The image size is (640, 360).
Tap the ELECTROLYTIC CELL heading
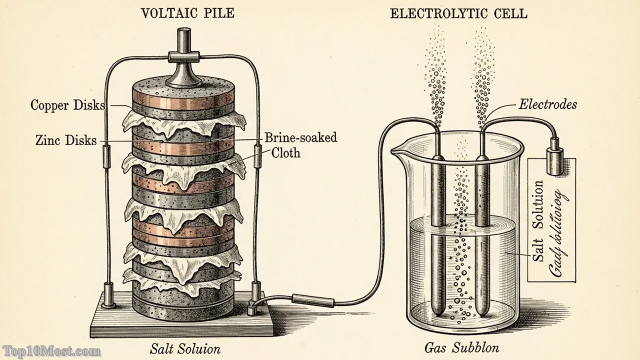458,13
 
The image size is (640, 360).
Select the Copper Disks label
67,105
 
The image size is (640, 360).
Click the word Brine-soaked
300,137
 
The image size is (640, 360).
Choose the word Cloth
285,153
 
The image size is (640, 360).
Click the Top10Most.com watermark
51,351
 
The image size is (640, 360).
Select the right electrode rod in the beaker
482,235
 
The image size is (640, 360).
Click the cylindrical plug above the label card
554,159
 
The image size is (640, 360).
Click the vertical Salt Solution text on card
538,220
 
